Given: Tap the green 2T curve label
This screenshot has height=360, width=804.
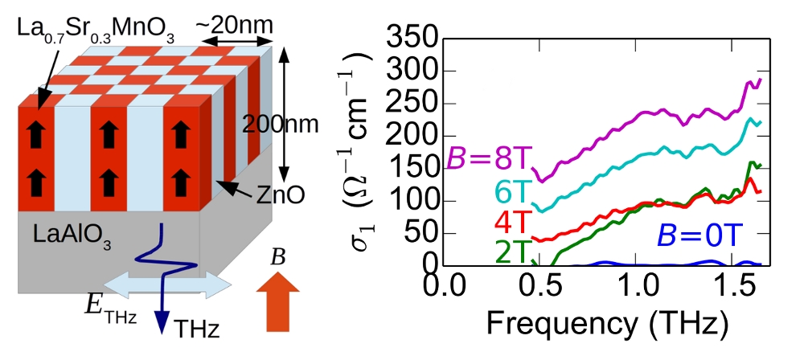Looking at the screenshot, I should click(510, 252).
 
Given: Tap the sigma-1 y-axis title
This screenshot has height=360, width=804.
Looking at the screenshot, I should click(361, 153).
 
